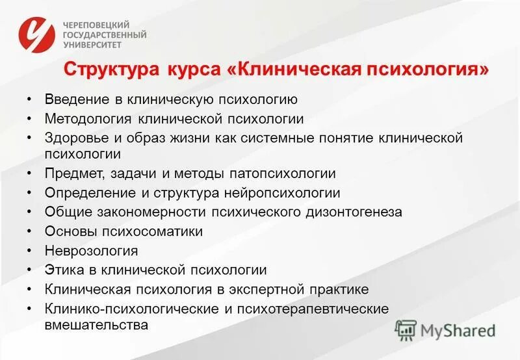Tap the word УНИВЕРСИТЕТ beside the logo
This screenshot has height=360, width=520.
92,45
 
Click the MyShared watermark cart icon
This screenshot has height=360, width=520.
406,330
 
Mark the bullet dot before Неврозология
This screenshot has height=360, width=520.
29,250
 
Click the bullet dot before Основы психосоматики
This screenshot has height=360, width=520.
29,231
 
